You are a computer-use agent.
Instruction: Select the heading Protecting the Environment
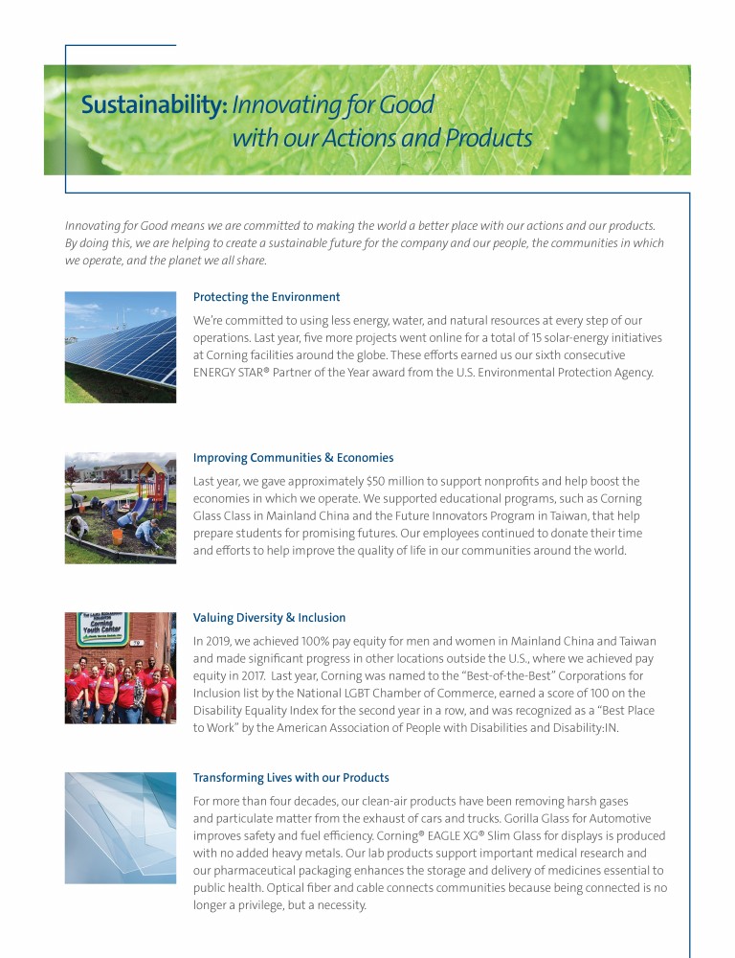point(266,297)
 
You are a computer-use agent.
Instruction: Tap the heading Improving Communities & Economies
point(293,458)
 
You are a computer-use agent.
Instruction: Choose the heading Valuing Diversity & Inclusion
point(269,618)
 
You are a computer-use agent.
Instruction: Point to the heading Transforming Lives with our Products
point(291,778)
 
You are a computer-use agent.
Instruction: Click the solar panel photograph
point(121,347)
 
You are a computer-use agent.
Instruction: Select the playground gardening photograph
point(121,508)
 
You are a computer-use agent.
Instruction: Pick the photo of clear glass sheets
point(121,828)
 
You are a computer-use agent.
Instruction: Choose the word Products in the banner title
point(479,138)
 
